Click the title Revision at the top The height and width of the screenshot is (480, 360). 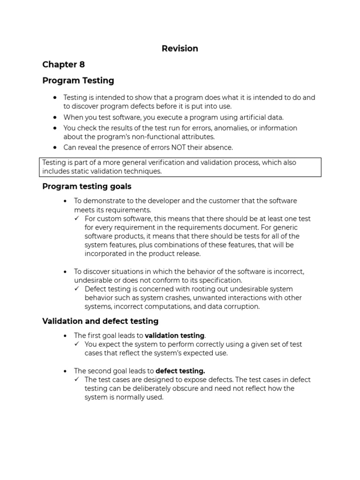point(180,49)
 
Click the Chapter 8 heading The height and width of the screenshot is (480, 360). point(63,65)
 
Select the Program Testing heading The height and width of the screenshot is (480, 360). point(78,81)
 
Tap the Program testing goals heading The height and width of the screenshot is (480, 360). point(87,187)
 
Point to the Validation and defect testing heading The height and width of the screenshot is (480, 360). point(100,321)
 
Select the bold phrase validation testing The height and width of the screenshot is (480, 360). point(174,336)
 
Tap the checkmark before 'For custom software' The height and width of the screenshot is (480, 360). point(77,219)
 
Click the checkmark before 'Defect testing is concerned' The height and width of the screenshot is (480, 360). point(77,289)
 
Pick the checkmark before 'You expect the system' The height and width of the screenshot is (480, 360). point(77,344)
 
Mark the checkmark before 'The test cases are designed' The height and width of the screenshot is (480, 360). point(77,380)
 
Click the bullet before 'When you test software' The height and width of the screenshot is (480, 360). point(55,117)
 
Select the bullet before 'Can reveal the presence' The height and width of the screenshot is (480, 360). point(55,147)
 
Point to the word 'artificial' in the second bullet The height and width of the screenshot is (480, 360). point(251,117)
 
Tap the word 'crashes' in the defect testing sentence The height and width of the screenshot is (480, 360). point(169,298)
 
